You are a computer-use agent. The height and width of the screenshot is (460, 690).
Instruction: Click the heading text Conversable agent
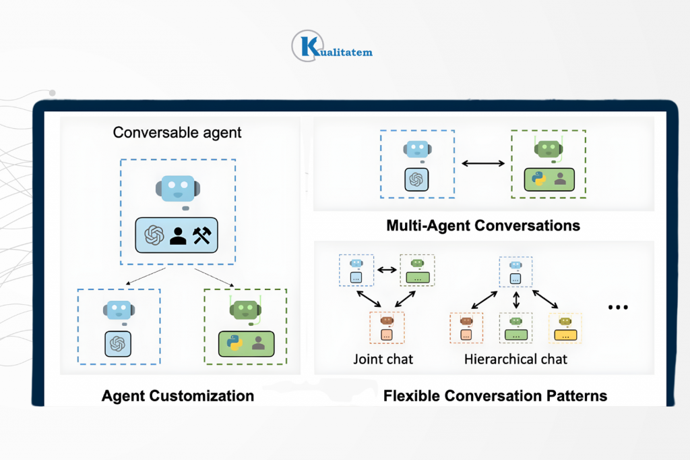(177, 132)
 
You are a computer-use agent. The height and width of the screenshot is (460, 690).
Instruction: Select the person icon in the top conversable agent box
(178, 235)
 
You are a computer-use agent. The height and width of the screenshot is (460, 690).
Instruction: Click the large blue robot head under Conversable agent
(177, 190)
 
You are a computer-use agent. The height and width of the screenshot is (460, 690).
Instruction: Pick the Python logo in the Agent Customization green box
(235, 343)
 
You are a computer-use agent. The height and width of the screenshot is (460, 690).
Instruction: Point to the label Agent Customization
(178, 395)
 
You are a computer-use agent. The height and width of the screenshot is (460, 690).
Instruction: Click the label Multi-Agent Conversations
(483, 225)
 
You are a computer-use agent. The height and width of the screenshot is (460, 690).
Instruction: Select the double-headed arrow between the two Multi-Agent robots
(483, 163)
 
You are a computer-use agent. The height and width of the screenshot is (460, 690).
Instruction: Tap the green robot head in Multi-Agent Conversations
(549, 150)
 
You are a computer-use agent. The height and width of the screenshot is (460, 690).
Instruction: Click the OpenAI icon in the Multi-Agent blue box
(416, 179)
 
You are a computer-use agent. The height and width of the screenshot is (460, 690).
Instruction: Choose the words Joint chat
(383, 359)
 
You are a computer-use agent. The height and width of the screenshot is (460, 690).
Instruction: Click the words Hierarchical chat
(515, 359)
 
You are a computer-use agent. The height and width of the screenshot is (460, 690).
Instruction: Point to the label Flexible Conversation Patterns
(495, 395)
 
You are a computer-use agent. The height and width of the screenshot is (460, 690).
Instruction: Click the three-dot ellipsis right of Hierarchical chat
(618, 308)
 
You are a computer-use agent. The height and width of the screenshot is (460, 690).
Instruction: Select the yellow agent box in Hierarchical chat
(565, 328)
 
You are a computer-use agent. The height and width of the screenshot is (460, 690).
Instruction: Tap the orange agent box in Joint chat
(387, 327)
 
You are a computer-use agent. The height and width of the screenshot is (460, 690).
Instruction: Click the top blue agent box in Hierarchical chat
(515, 271)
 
